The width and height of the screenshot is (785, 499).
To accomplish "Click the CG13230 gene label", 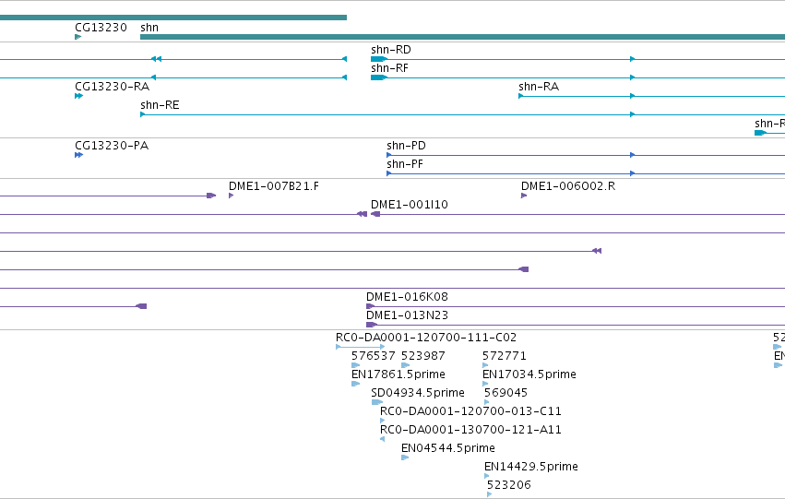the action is point(101,28).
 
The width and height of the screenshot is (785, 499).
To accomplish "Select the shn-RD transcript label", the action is point(391,50).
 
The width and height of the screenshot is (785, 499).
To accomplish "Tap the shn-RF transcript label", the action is point(389,68).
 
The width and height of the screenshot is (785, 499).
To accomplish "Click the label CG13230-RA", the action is point(113,87).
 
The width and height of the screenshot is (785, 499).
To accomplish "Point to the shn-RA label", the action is point(539,87).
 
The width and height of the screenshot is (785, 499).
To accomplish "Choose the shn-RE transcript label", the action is point(160,105).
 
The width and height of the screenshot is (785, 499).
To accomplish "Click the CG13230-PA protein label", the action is point(112,146).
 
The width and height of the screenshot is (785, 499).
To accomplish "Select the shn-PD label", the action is point(406,146).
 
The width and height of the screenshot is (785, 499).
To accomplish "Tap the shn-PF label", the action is point(405,164).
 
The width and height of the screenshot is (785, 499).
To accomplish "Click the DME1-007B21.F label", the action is point(274,186).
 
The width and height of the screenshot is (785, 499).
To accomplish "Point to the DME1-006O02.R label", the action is point(568,186).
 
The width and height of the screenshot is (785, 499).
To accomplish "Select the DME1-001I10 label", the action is point(409,205).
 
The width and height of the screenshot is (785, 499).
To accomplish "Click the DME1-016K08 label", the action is point(407,297).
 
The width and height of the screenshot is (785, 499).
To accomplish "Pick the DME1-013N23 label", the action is point(407,315).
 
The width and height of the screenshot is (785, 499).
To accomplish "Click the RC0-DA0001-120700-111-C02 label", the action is point(426,338).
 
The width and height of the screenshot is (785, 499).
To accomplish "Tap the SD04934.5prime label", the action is point(418,393).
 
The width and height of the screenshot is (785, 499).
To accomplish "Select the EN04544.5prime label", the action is point(448,448).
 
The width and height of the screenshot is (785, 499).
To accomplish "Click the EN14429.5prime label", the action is point(531,467).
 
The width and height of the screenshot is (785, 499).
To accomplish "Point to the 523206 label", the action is point(508,485).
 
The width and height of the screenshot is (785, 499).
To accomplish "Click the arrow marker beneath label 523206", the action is point(489,494).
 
